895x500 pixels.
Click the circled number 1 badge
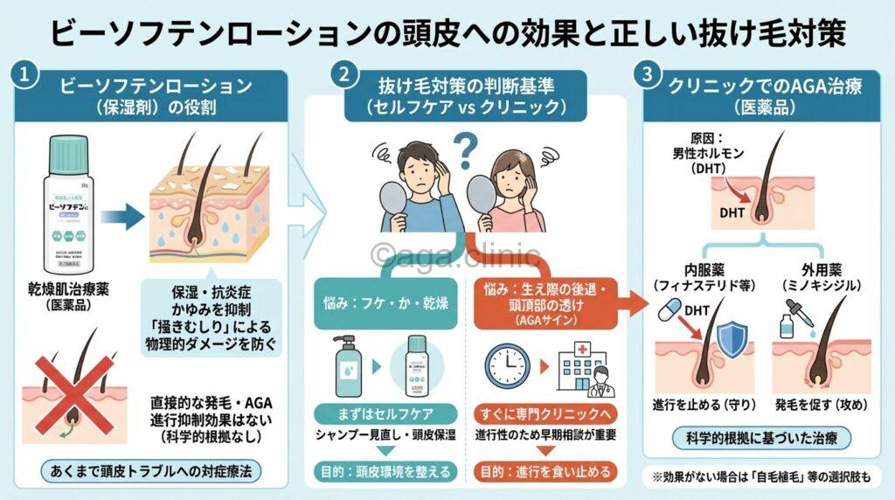[27, 75]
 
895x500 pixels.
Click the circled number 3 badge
[649, 75]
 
